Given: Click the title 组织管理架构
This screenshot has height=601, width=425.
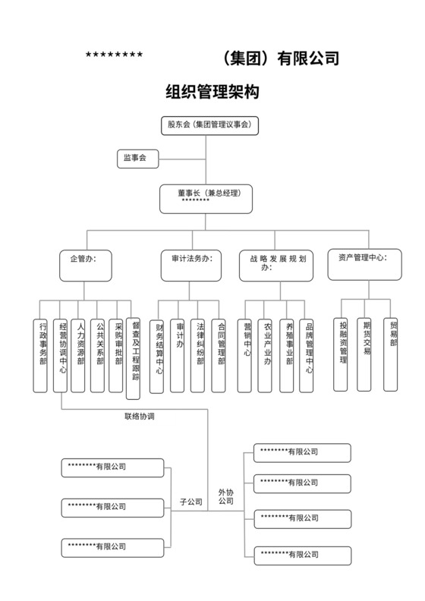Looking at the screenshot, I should click(212, 93).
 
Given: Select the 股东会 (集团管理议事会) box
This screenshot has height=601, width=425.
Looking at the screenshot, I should click(209, 124).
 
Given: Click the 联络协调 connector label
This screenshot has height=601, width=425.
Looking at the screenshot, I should click(140, 416).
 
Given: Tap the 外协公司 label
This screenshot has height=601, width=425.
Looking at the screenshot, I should click(225, 496).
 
